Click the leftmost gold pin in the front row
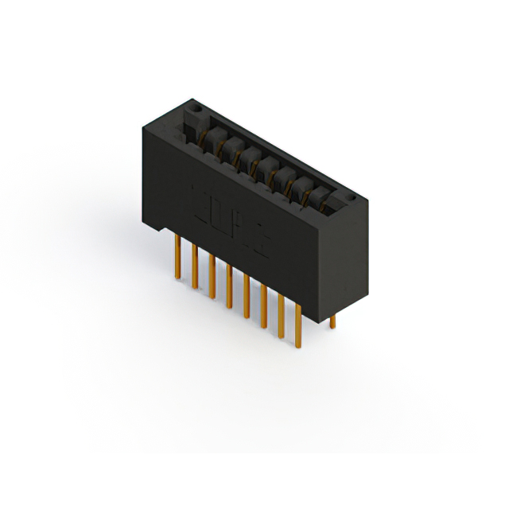point(177,258)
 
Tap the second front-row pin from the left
point(194,267)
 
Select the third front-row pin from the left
point(212,278)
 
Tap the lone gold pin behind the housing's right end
point(333,321)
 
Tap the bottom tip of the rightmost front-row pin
point(299,347)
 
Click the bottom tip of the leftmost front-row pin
point(177,278)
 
